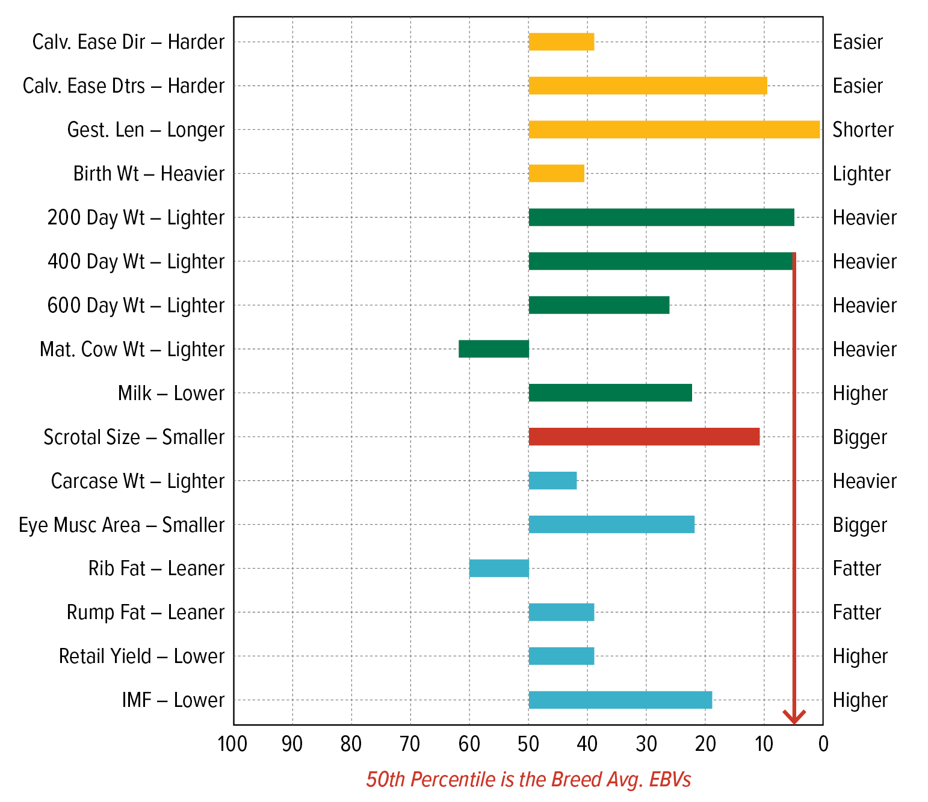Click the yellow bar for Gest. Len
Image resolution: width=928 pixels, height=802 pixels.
[674, 129]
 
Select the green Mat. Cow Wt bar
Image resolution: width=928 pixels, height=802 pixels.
[493, 349]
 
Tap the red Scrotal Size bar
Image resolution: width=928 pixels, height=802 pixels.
[644, 437]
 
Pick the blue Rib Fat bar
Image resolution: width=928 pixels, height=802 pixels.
[499, 568]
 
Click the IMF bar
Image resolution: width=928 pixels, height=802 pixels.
[620, 700]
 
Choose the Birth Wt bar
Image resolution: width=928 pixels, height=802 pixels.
[556, 173]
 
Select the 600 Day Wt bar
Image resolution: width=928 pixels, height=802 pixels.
[599, 305]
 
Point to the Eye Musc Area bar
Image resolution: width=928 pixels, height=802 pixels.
[611, 525]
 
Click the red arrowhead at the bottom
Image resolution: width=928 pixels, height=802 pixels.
[794, 717]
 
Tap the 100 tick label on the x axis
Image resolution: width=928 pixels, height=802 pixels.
[232, 744]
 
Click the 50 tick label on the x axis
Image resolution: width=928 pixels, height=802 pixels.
[528, 744]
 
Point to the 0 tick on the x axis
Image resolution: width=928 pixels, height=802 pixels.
[823, 744]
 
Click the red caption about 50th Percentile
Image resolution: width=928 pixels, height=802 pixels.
[528, 780]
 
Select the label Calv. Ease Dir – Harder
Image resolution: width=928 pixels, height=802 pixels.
[128, 42]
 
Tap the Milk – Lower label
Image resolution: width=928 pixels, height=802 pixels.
[171, 393]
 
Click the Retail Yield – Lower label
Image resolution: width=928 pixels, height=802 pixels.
[141, 656]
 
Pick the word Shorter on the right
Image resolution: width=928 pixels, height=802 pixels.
[863, 130]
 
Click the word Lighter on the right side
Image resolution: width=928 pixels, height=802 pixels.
[861, 174]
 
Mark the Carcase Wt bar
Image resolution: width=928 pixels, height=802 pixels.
[552, 481]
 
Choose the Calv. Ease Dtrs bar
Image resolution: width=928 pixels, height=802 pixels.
[648, 85]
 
